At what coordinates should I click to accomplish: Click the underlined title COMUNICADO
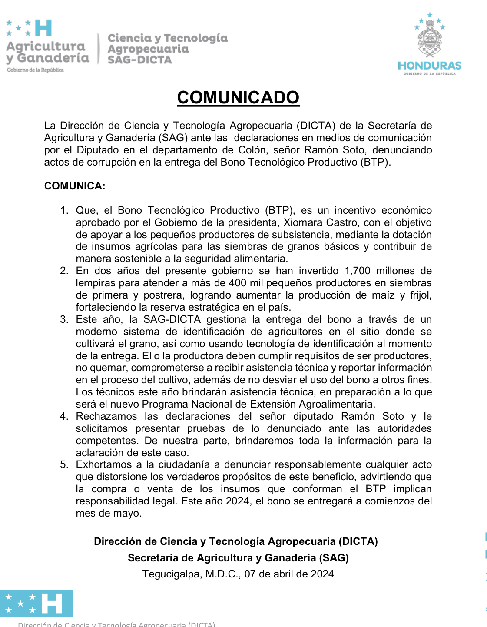tap(238, 97)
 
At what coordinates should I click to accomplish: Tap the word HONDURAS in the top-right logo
tap(430, 66)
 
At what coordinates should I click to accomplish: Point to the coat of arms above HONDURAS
tap(430, 42)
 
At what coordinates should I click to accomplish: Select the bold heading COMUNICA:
tap(75, 186)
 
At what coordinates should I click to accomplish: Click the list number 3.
tap(64, 319)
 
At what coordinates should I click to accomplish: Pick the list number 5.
tap(64, 464)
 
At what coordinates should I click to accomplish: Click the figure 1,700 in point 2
tap(358, 271)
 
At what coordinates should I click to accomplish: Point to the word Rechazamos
tap(106, 416)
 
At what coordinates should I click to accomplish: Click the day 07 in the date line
tap(250, 574)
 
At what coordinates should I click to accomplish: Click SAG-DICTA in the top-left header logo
tap(139, 60)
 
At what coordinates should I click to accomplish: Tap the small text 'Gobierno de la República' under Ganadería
tap(35, 70)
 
